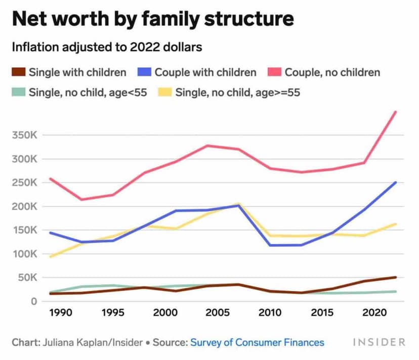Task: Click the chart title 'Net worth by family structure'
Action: tap(152, 19)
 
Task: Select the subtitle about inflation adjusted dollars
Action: tap(107, 48)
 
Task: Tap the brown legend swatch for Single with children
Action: tap(19, 72)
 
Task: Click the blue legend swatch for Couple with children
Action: tap(144, 72)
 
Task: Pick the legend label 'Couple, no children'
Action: tap(332, 72)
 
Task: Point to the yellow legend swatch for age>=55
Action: tap(165, 93)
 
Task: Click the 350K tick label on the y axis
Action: tap(24, 136)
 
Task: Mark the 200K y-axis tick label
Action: tap(24, 206)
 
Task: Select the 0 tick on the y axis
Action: tap(34, 301)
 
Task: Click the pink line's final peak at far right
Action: tap(396, 112)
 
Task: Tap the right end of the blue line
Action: tap(396, 183)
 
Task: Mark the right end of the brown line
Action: tap(396, 277)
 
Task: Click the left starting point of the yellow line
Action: tap(50, 256)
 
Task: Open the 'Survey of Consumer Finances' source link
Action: tap(257, 342)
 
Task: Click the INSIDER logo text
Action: tap(379, 342)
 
